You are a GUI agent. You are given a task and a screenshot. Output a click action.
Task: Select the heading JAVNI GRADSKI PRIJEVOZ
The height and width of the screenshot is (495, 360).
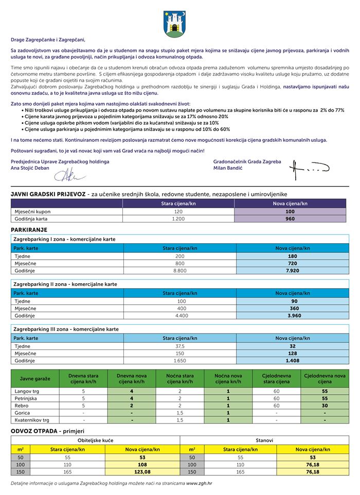[48, 194]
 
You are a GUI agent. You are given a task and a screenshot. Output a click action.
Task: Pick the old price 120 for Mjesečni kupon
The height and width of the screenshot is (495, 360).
[178, 211]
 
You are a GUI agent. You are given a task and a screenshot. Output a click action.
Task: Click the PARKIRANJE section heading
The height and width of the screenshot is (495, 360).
[29, 229]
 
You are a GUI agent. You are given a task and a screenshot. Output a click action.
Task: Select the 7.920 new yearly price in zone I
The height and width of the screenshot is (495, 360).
[292, 270]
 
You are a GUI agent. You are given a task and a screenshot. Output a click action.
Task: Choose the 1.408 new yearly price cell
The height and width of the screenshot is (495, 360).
[292, 361]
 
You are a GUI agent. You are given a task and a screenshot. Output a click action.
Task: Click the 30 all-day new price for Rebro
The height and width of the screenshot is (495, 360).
[325, 406]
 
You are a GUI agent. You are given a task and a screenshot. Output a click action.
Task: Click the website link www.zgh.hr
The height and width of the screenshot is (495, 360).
[201, 484]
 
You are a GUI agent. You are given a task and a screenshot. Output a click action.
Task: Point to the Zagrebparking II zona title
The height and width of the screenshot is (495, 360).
[64, 284]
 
